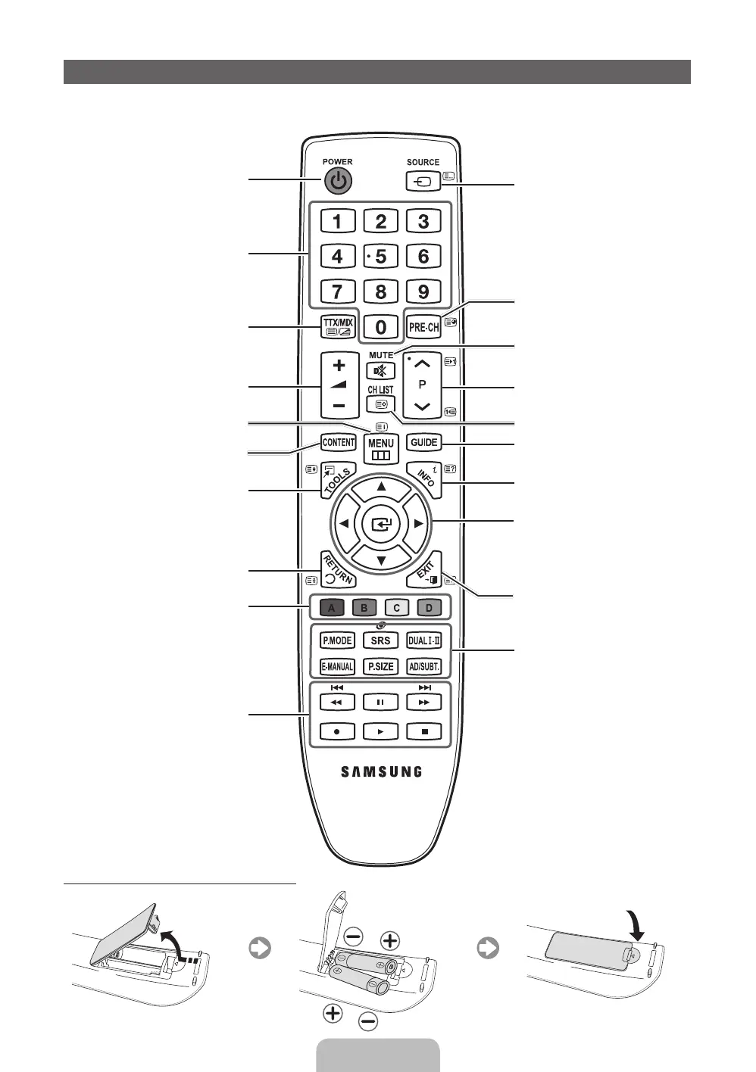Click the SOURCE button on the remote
(x=423, y=182)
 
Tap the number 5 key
(x=380, y=257)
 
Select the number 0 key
(x=380, y=326)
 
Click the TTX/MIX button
(x=337, y=327)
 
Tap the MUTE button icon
(x=380, y=371)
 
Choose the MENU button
(x=380, y=448)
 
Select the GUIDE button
(x=423, y=442)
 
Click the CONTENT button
(x=338, y=442)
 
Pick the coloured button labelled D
(x=429, y=608)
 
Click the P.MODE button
(x=337, y=640)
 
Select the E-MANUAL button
(x=337, y=667)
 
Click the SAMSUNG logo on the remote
(x=380, y=772)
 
